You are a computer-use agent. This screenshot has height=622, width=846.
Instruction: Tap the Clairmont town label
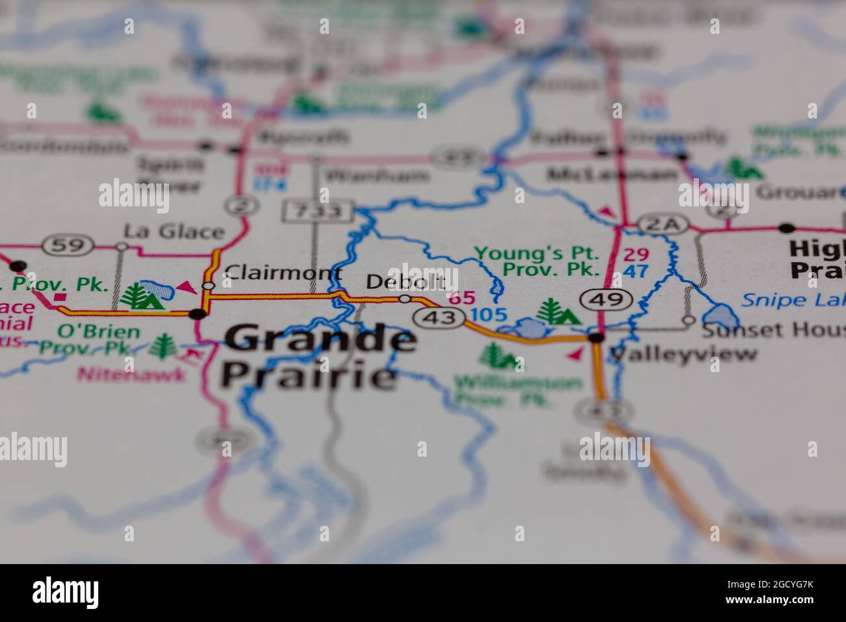[x=282, y=273]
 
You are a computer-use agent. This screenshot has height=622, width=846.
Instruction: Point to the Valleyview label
[x=683, y=354]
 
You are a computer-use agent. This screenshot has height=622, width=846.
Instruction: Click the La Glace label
[x=174, y=231]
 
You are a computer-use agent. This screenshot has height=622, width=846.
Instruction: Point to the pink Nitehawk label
[x=131, y=374]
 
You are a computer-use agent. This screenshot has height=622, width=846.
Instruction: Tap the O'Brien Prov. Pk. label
[x=89, y=340]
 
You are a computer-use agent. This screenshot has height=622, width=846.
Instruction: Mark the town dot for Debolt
[x=405, y=299]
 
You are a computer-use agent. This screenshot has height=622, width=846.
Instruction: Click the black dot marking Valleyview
[x=595, y=338]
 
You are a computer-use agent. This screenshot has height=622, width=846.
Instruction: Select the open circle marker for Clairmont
[x=208, y=286]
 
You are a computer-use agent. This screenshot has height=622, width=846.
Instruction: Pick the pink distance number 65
[x=461, y=298]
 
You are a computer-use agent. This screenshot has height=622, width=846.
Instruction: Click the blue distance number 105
[x=488, y=316]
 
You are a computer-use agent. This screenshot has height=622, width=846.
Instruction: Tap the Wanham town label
[x=377, y=176]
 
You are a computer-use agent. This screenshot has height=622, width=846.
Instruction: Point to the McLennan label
[x=612, y=174]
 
